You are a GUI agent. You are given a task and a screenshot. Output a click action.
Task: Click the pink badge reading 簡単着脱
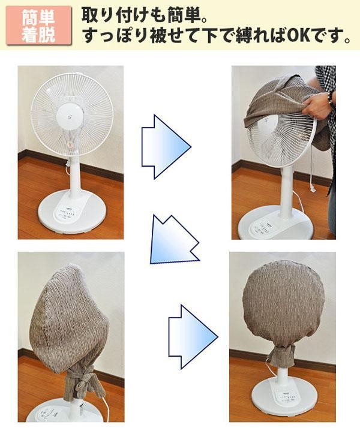(38, 25)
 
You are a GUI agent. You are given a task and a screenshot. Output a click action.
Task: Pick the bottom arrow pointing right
(193, 337)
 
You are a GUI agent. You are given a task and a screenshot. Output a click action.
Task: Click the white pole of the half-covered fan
(286, 191)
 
